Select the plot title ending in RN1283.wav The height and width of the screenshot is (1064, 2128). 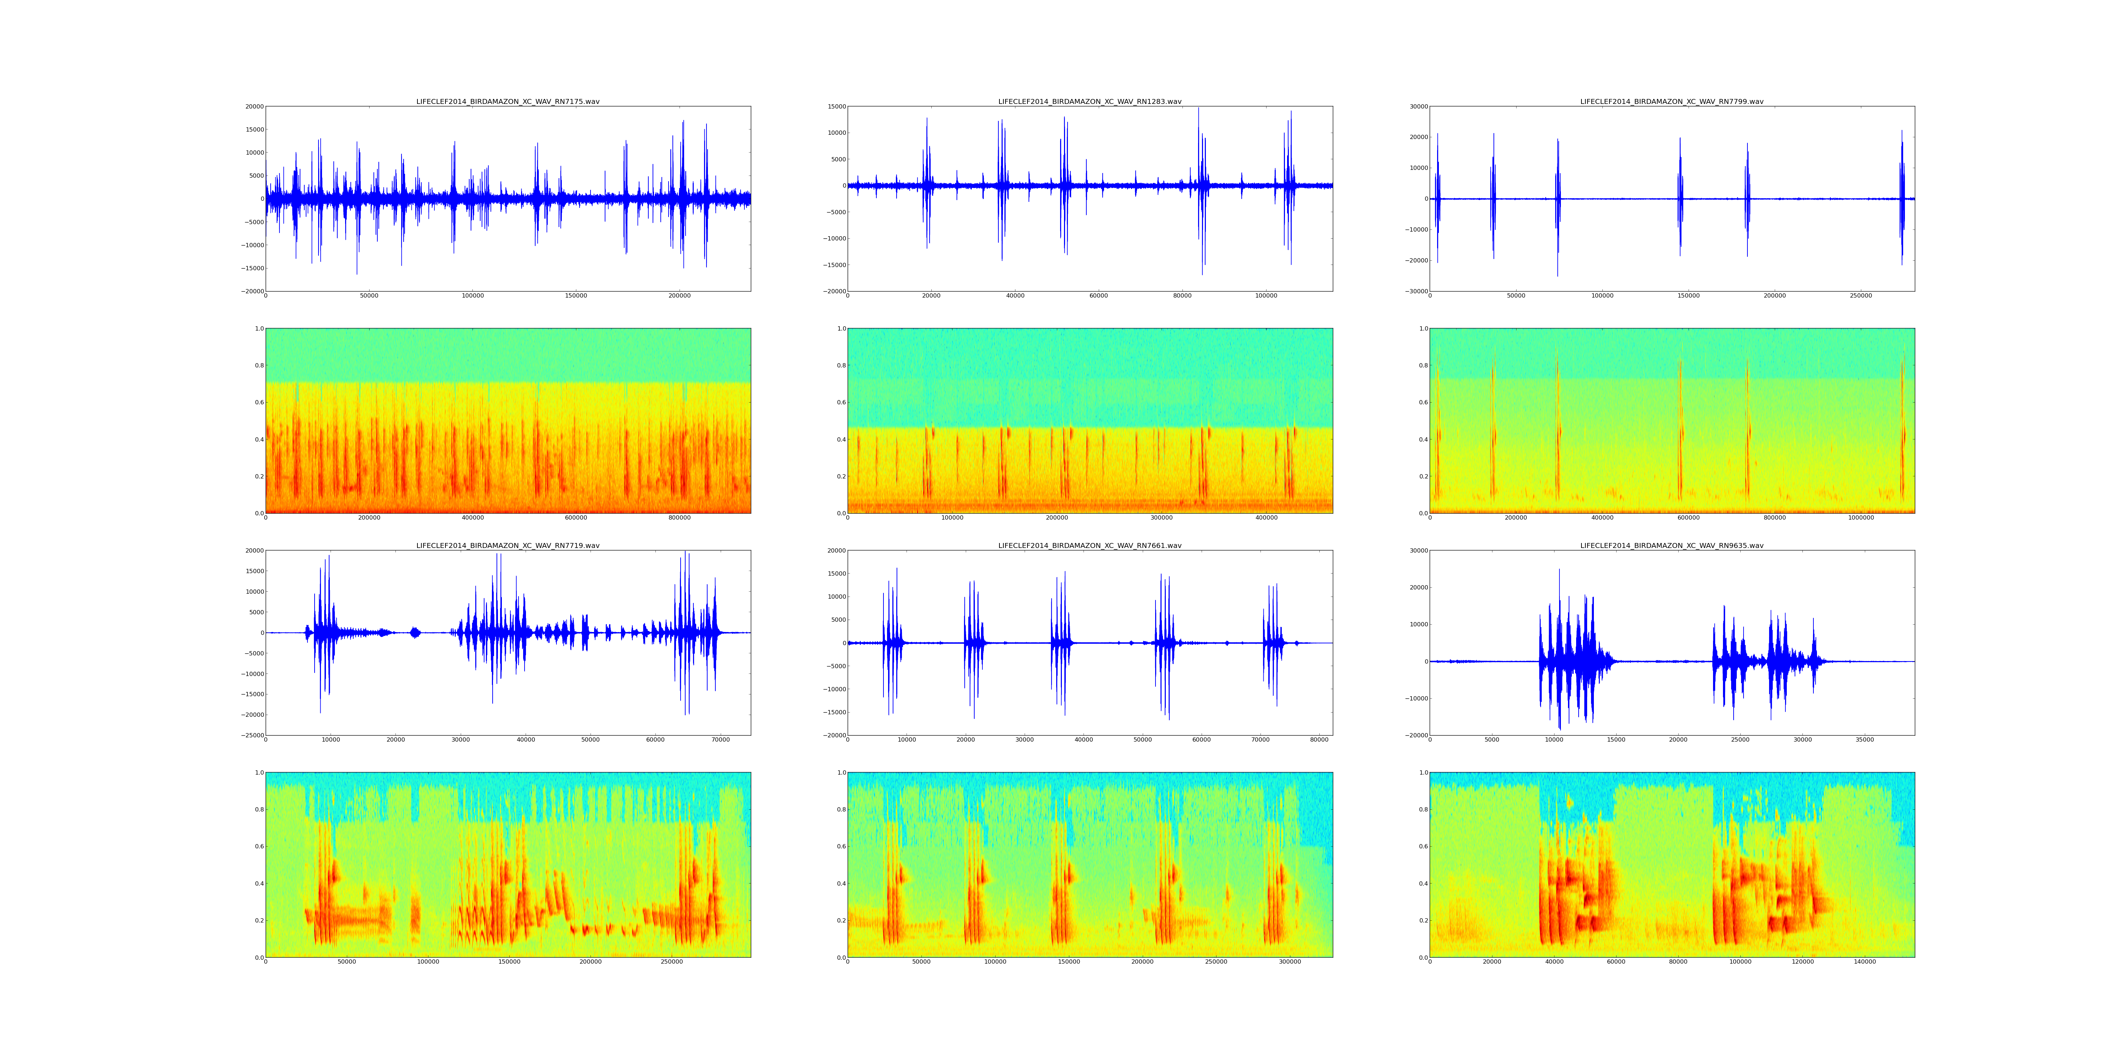[1090, 101]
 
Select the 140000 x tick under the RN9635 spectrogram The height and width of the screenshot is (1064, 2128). [1864, 962]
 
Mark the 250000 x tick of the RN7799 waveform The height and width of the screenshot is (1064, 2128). [1860, 296]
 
